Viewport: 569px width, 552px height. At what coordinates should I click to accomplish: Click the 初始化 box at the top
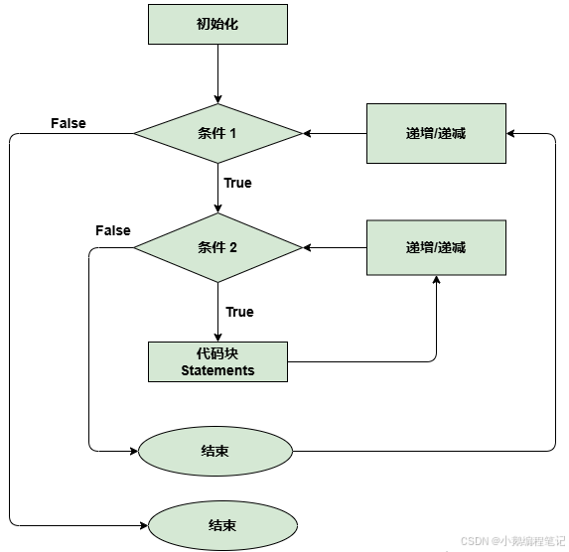[x=217, y=24]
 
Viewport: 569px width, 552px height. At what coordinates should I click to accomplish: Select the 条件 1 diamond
[x=217, y=133]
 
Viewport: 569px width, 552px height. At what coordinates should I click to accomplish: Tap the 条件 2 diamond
[x=217, y=247]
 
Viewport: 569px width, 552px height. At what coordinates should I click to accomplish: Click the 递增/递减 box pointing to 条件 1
[x=436, y=133]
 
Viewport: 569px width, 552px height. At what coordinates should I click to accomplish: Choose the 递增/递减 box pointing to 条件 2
[x=436, y=247]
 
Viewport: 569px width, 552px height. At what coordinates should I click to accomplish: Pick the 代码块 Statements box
[x=217, y=361]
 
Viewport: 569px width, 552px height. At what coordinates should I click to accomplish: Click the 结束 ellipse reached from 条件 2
[x=214, y=451]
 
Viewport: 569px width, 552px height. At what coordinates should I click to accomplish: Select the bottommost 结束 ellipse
[x=221, y=523]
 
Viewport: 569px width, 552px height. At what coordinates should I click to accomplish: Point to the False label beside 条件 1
[x=69, y=123]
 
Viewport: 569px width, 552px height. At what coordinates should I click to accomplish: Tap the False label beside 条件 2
[x=113, y=230]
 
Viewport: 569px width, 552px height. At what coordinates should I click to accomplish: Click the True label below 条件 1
[x=238, y=183]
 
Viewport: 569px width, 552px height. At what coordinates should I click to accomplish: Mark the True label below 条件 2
[x=239, y=312]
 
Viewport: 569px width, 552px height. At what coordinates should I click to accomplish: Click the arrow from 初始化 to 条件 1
[x=217, y=73]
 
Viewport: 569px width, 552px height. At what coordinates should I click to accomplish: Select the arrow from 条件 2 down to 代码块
[x=217, y=312]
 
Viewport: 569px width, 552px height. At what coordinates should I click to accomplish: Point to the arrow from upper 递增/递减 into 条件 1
[x=334, y=133]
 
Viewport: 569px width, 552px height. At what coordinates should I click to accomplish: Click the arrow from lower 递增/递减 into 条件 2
[x=334, y=247]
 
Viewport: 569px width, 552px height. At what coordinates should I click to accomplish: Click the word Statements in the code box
[x=217, y=370]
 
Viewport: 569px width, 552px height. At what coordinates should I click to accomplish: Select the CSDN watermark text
[x=512, y=541]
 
